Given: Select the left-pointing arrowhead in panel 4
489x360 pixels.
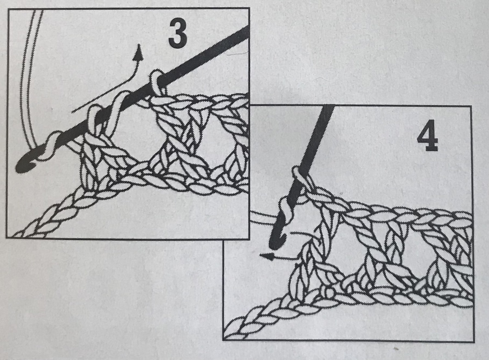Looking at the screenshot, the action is (267, 256).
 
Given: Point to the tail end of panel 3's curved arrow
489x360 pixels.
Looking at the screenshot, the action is (72, 113).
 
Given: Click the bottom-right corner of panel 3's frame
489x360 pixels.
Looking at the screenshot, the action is (249, 239).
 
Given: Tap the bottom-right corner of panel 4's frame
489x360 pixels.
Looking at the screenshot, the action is (474, 342).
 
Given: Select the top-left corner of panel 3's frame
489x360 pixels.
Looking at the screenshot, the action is (8, 9).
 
